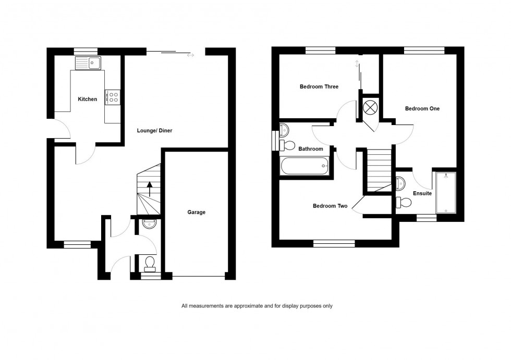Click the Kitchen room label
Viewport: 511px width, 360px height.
pos(88,99)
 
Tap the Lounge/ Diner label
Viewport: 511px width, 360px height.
pos(154,131)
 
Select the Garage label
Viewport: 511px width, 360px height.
pos(197,212)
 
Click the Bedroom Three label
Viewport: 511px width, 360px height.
pos(319,86)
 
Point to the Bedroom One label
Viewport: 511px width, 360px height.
pos(422,108)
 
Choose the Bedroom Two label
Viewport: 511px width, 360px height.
pos(330,206)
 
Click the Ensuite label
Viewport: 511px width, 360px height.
pos(422,193)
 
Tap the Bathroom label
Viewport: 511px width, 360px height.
pos(311,149)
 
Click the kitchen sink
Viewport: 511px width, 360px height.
pos(89,64)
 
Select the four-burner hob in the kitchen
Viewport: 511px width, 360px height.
pos(113,97)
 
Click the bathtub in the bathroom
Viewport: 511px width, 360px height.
pos(305,166)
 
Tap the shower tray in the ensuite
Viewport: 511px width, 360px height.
pos(446,192)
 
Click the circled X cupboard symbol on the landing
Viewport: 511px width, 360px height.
pos(370,107)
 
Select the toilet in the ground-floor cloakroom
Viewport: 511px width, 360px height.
pos(150,263)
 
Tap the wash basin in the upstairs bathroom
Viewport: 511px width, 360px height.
pos(284,129)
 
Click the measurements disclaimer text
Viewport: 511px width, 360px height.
pos(257,306)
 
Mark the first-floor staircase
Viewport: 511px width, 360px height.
pos(379,170)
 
